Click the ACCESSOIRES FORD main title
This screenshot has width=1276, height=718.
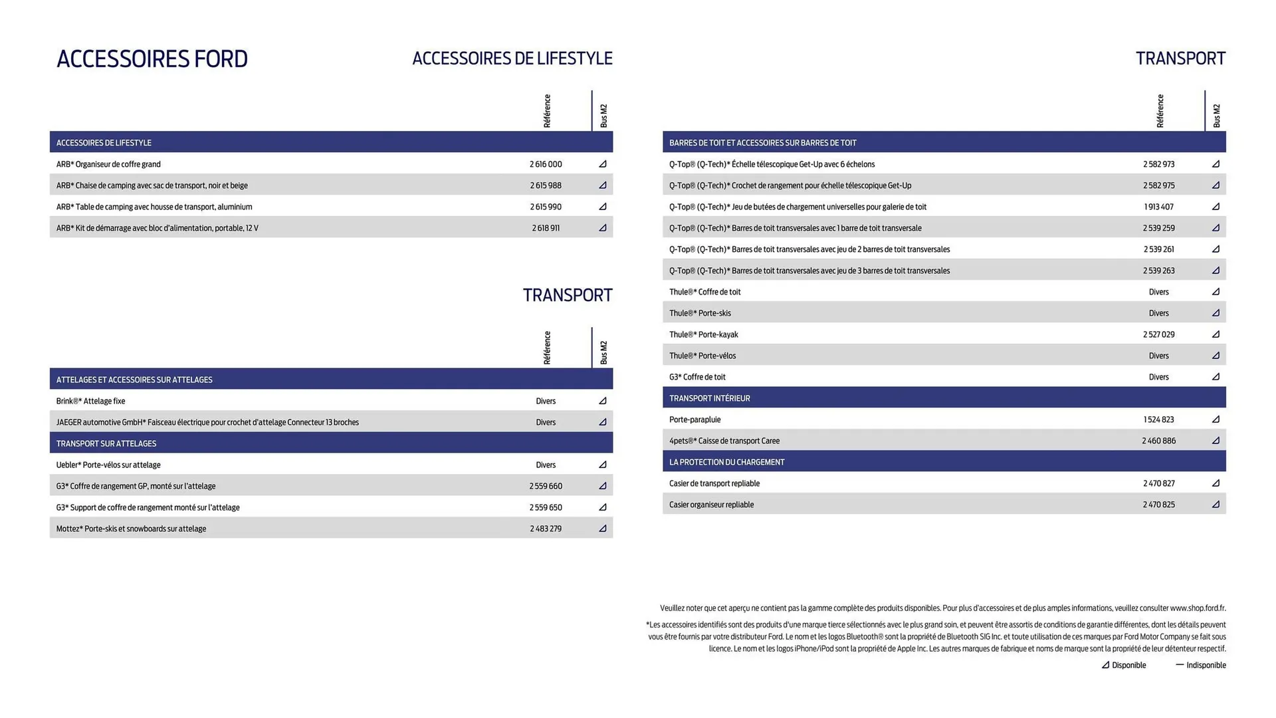click(x=152, y=59)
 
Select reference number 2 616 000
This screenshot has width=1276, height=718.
click(x=546, y=164)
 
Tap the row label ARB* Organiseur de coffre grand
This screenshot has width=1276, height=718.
click(x=108, y=164)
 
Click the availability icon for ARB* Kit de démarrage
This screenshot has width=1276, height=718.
click(x=603, y=228)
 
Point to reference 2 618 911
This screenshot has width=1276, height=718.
click(x=546, y=228)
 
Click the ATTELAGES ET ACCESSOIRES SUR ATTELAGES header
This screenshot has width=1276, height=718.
click(x=134, y=380)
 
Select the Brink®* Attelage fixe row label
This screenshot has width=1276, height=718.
click(x=90, y=401)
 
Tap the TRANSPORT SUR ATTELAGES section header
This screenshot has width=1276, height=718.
click(x=106, y=443)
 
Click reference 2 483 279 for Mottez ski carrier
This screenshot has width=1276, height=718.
click(x=546, y=529)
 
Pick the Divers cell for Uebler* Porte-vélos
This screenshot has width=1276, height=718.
click(x=546, y=465)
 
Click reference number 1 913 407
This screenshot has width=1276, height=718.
click(x=1159, y=207)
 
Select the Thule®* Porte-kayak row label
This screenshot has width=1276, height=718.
click(x=703, y=334)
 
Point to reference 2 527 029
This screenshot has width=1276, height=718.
click(x=1159, y=334)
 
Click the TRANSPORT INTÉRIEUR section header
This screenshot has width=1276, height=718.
click(x=709, y=398)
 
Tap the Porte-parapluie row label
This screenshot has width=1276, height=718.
click(x=694, y=419)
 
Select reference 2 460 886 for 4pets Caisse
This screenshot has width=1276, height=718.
click(x=1159, y=441)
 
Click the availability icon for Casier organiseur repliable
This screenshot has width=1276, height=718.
click(x=1216, y=505)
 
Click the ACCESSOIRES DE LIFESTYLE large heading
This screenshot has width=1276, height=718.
click(x=512, y=59)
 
